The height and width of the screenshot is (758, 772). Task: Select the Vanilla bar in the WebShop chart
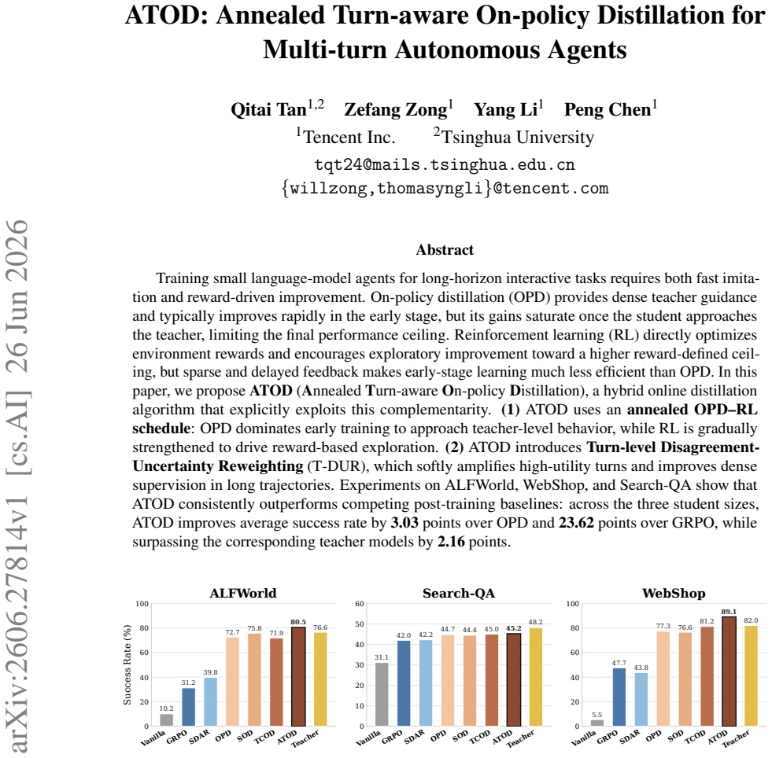pos(597,723)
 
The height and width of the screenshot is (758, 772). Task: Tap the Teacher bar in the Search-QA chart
pos(536,677)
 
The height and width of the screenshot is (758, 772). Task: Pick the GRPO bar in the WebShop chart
pos(619,697)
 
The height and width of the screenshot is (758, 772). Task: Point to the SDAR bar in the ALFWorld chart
pos(210,702)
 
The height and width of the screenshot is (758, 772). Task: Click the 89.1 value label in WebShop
pos(729,612)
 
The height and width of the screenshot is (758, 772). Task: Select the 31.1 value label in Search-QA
pos(382,657)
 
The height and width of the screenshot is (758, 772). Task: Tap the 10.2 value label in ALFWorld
pos(166,708)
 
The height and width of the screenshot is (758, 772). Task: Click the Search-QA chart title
pos(458,593)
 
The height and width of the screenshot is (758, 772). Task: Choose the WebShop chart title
pos(674,593)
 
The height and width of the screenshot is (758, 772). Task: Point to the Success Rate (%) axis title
pos(127,664)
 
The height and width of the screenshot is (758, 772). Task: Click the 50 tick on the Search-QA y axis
pos(360,624)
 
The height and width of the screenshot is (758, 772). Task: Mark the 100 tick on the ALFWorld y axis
pos(142,604)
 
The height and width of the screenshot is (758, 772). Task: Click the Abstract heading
pos(445,250)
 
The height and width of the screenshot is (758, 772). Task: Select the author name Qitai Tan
pos(269,109)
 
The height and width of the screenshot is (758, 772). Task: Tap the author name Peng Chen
pos(608,109)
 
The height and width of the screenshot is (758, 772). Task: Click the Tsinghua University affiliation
pos(518,137)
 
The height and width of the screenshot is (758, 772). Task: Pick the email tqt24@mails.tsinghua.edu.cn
pos(445,164)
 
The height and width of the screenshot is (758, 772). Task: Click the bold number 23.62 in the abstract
pos(576,522)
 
